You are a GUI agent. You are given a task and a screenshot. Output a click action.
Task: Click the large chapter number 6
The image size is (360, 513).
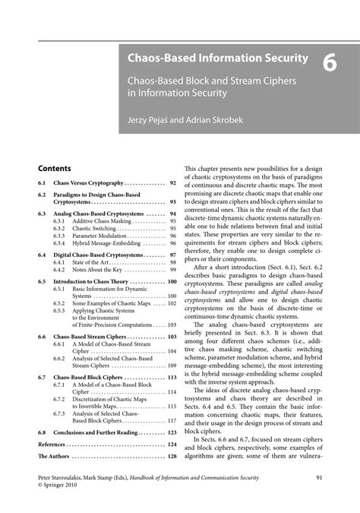pyautogui.click(x=330, y=65)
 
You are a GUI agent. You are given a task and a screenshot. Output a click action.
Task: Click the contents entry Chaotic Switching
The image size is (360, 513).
pyautogui.click(x=94, y=228)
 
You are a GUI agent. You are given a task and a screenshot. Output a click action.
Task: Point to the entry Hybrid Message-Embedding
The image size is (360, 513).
pyautogui.click(x=107, y=244)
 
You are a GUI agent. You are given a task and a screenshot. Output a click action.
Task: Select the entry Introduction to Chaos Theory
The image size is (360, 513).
pyautogui.click(x=96, y=281)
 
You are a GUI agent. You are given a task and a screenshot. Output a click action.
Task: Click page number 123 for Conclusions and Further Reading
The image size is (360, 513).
pyautogui.click(x=172, y=432)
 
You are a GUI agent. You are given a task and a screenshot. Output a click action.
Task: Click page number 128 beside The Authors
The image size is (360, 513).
pyautogui.click(x=172, y=456)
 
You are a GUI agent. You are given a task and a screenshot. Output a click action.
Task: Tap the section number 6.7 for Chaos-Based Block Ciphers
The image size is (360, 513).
pyautogui.click(x=43, y=377)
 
